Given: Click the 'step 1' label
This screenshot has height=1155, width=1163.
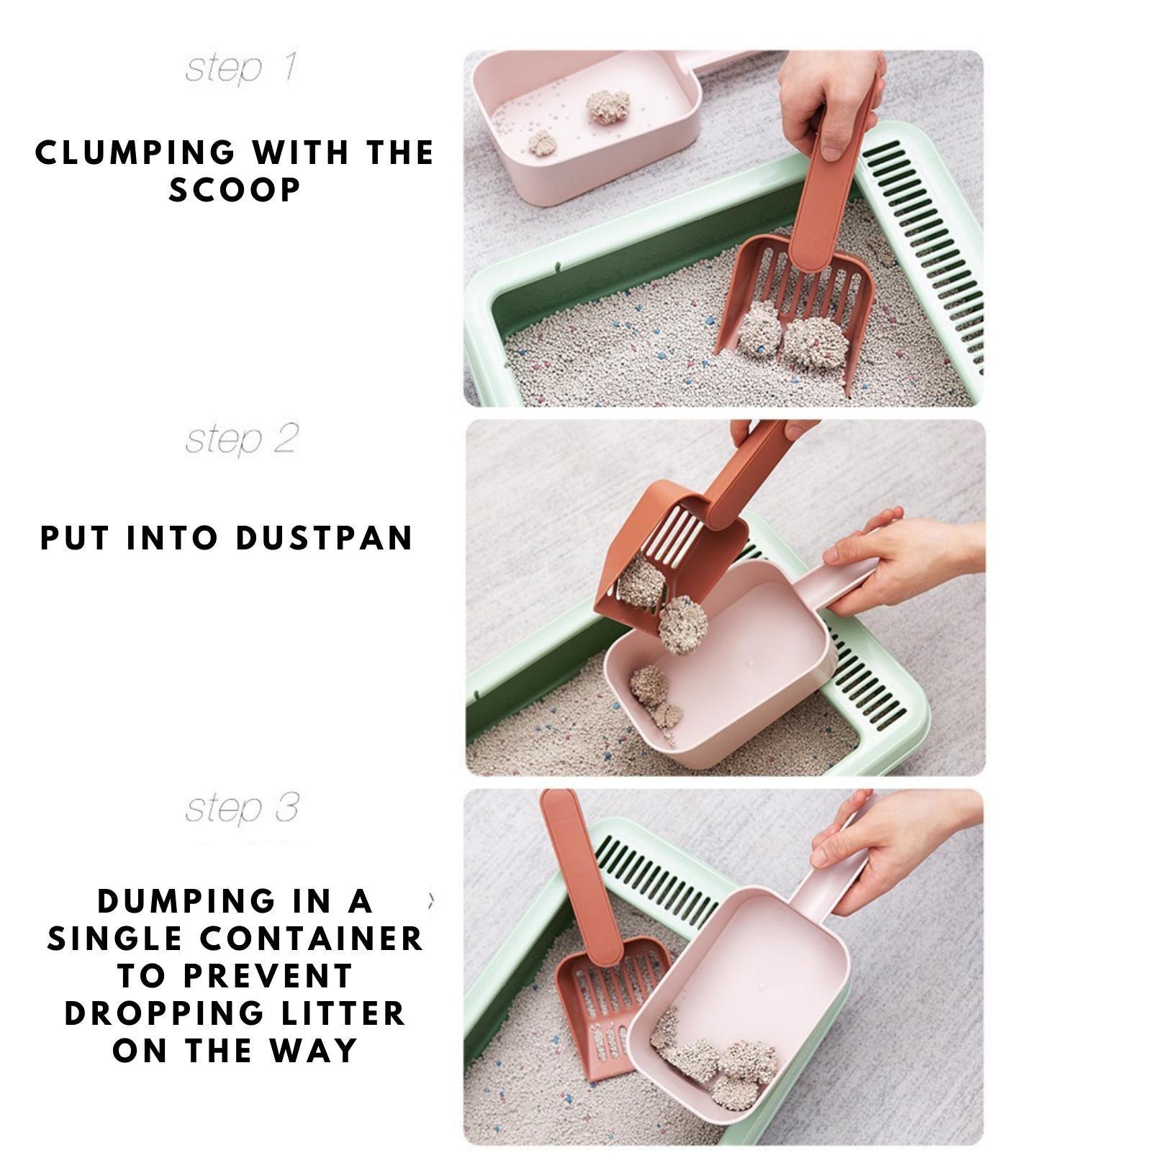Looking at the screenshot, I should click(x=241, y=68).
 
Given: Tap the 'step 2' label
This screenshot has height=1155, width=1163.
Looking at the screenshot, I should click(x=241, y=439).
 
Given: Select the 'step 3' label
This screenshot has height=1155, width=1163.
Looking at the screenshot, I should click(x=241, y=808).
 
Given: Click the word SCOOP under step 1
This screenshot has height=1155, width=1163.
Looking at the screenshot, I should click(x=235, y=190).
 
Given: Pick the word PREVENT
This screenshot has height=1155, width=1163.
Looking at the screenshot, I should click(x=267, y=976).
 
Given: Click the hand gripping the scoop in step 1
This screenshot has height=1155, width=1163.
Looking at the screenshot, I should click(x=828, y=101).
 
